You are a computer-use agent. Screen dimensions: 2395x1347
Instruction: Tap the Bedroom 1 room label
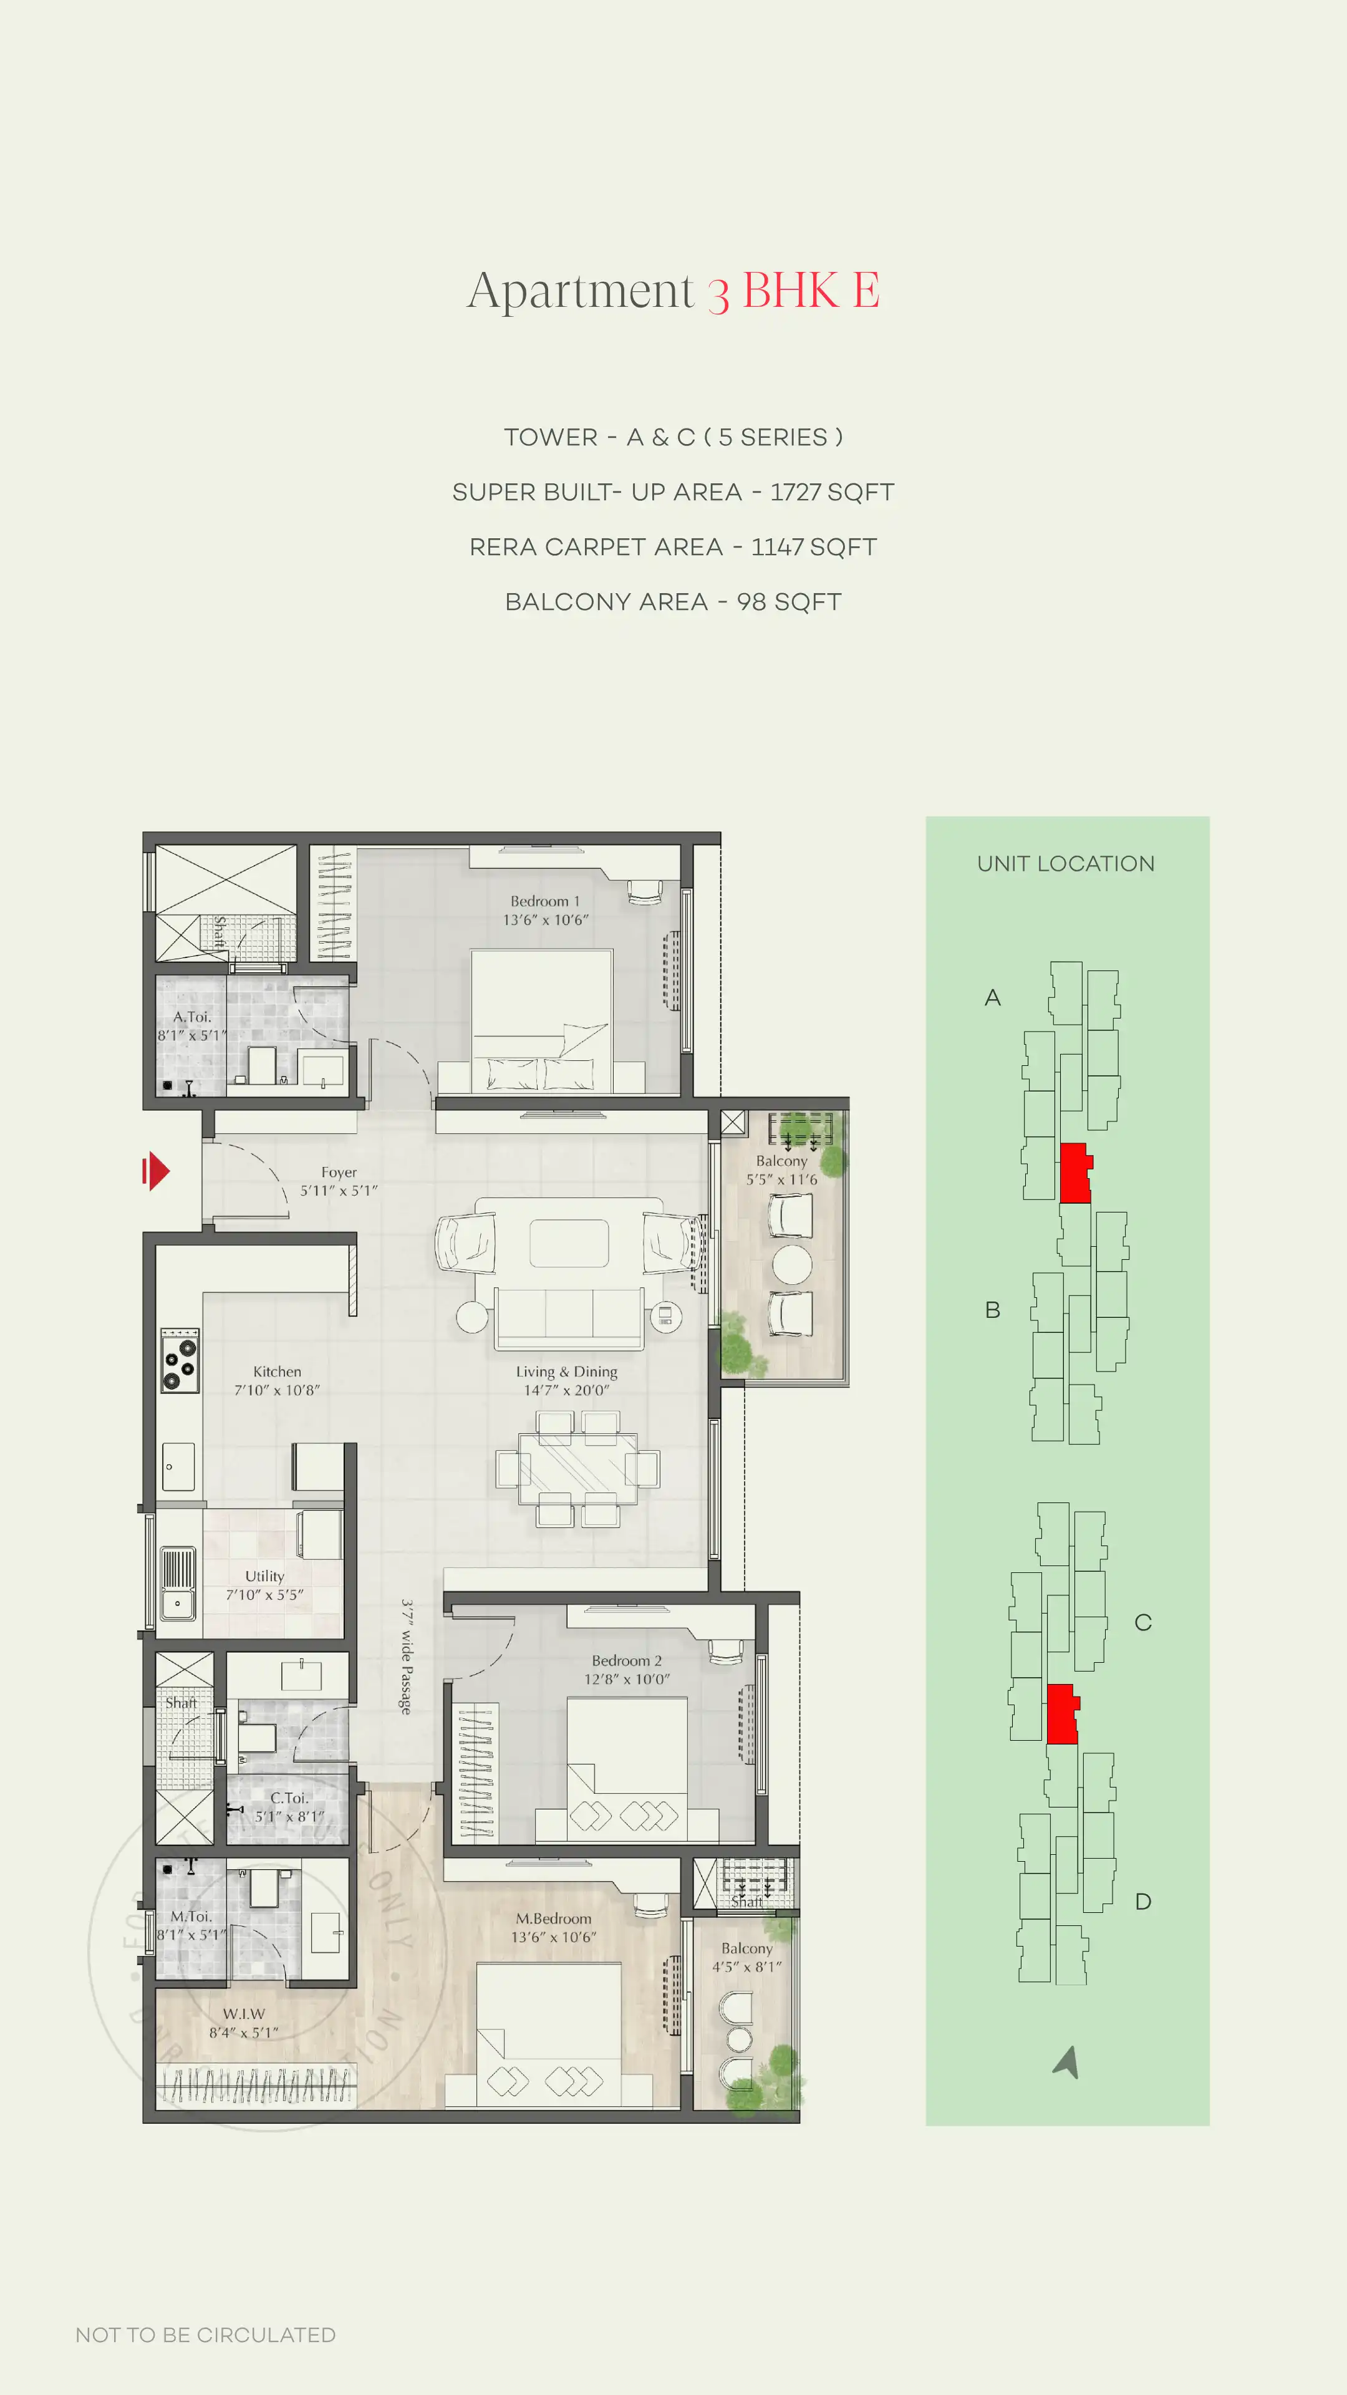(545, 901)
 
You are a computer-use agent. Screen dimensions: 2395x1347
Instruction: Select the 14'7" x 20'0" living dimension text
(566, 1390)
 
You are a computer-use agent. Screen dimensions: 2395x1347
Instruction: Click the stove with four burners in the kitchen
(180, 1360)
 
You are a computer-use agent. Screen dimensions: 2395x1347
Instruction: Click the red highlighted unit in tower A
(1074, 1173)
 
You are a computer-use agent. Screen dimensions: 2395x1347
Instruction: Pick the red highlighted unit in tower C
(1061, 1713)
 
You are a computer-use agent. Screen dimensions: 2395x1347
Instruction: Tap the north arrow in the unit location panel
(1067, 2061)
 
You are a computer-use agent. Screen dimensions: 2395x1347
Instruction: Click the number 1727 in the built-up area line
(795, 492)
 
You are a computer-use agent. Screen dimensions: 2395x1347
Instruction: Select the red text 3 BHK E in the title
(793, 291)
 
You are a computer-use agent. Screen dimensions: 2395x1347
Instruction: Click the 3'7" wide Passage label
(406, 1657)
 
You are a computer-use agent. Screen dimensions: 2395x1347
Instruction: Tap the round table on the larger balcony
(792, 1264)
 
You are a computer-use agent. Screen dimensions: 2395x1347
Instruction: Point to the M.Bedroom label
(553, 1918)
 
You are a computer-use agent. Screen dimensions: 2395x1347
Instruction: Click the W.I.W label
(244, 2013)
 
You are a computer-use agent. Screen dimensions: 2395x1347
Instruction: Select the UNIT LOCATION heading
(1065, 864)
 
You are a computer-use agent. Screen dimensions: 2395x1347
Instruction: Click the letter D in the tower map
(1142, 1901)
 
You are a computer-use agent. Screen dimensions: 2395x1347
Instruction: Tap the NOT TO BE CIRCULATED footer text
(205, 2335)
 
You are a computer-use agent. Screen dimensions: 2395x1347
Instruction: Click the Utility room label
(265, 1576)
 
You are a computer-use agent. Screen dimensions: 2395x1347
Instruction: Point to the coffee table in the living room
(569, 1243)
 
